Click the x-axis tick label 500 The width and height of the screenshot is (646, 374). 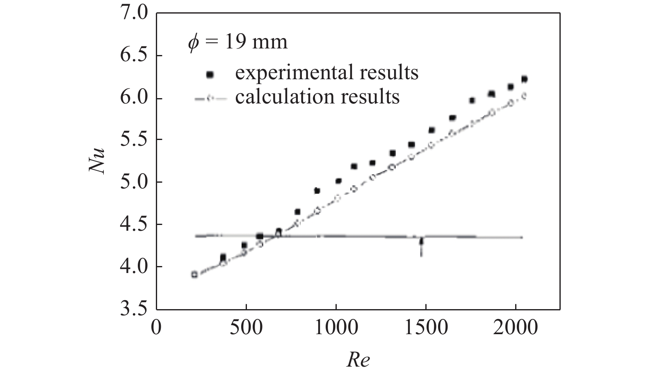click(x=246, y=328)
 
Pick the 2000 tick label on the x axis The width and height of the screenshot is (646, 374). click(x=516, y=328)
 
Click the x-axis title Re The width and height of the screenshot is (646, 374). click(x=358, y=360)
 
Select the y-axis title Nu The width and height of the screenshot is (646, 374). click(x=97, y=161)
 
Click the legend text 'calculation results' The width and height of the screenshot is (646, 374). click(x=317, y=97)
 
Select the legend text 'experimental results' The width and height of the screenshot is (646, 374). click(x=326, y=73)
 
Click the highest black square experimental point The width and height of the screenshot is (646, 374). click(x=524, y=79)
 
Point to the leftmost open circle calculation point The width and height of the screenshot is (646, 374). click(x=194, y=275)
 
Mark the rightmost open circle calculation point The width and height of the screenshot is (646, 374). click(x=524, y=96)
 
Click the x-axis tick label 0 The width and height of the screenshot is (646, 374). click(x=156, y=328)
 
